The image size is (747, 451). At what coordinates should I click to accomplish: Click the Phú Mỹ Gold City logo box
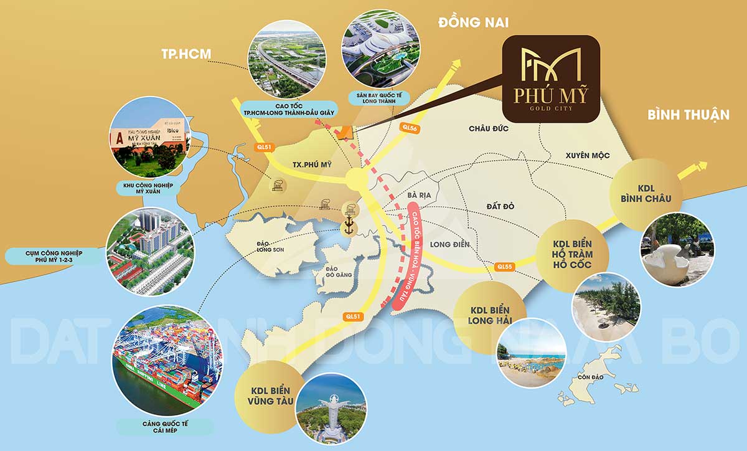tap(550, 78)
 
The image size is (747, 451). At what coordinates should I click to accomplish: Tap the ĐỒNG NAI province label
tap(473, 23)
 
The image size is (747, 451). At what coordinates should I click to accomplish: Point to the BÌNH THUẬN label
tap(688, 115)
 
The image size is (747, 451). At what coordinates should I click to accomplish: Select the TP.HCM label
tap(186, 54)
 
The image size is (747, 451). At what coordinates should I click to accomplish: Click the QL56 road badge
tap(409, 128)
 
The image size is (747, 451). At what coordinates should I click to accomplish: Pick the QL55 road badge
tap(504, 267)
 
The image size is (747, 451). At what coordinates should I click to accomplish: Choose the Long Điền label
tap(448, 244)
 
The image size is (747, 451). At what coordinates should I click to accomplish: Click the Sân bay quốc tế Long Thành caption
tap(377, 98)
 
